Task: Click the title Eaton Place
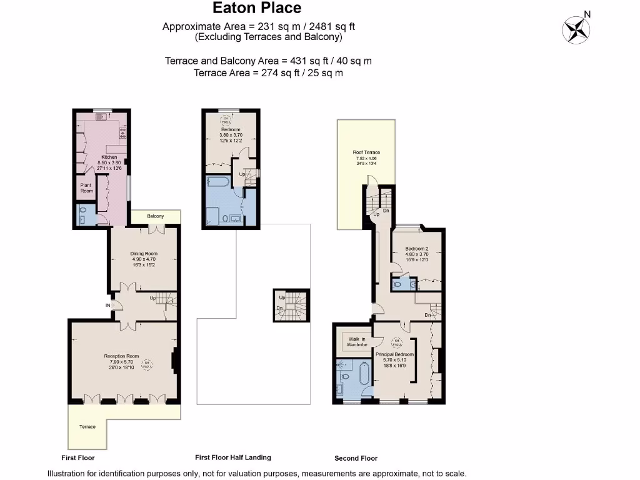tap(257, 8)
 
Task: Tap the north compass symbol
tap(577, 29)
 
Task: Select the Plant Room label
tap(86, 187)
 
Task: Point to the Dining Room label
tap(142, 253)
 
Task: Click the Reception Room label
tap(121, 356)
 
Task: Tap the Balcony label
tap(156, 216)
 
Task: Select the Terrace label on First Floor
tap(87, 427)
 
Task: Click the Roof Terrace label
tap(366, 152)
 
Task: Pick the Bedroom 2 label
tap(417, 248)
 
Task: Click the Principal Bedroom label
tap(395, 354)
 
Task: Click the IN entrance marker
tap(107, 305)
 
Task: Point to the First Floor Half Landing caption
tap(233, 457)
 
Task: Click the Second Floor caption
tap(356, 458)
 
